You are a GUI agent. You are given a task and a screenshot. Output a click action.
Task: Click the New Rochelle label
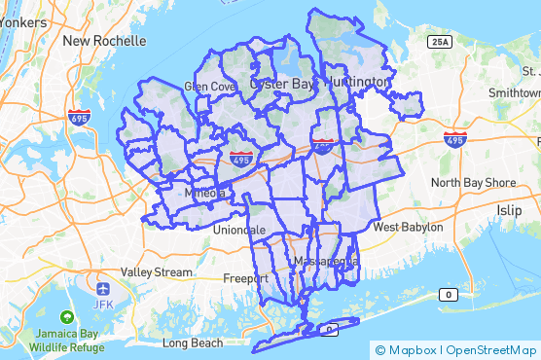(x=104, y=41)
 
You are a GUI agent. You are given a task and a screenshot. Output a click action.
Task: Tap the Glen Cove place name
(x=210, y=86)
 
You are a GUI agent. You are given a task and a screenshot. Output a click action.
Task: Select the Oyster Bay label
(x=283, y=85)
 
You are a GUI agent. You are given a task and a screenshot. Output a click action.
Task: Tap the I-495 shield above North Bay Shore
(x=453, y=139)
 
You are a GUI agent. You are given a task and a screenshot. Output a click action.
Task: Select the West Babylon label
(x=409, y=227)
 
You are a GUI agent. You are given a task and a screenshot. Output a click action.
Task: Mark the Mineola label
(x=204, y=194)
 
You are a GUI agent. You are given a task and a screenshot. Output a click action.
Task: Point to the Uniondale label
(x=239, y=230)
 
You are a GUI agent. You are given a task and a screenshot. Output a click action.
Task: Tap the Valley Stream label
(x=158, y=272)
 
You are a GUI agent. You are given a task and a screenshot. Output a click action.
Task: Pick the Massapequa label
(x=326, y=263)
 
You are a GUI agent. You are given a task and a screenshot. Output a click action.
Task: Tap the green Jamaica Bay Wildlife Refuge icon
(x=67, y=317)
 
